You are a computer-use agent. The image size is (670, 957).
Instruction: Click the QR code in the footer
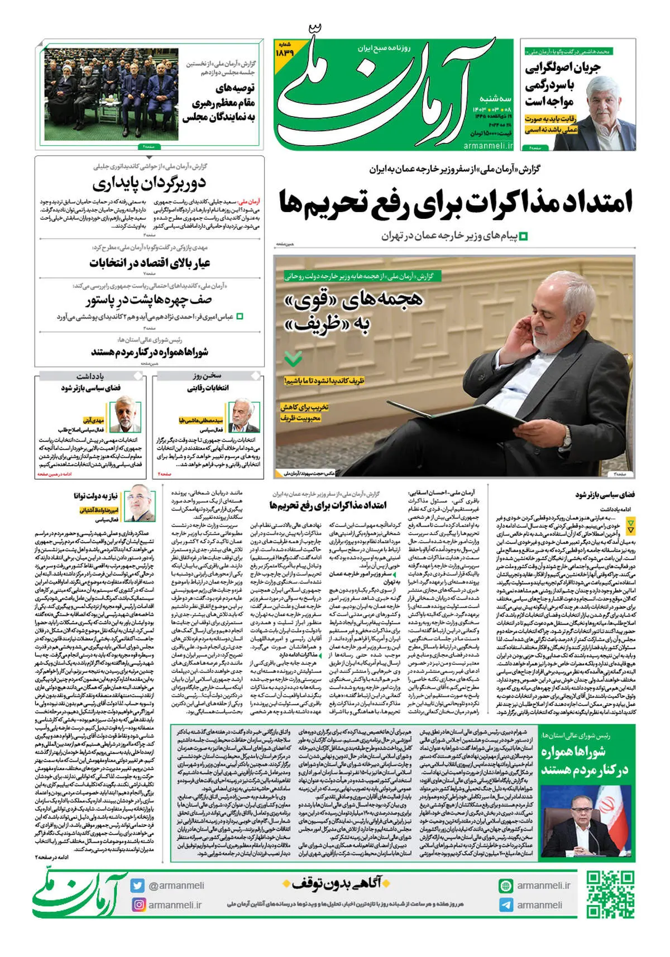coord(610,894)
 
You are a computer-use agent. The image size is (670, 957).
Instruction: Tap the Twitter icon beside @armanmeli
coord(138,885)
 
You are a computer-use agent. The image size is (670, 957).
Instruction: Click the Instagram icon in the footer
coord(138,905)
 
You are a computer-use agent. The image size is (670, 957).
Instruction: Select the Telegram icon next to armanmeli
coord(506,905)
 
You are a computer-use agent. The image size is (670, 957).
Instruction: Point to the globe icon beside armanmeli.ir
coord(506,886)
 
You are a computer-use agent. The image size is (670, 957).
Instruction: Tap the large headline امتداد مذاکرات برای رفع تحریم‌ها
coord(455,202)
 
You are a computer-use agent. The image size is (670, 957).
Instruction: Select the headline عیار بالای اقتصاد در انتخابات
coord(150,262)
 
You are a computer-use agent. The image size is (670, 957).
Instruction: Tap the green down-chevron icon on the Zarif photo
coord(293,358)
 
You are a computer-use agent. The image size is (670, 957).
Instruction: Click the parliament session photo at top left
coord(111,94)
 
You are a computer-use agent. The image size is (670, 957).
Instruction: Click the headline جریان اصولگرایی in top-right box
coord(562,68)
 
